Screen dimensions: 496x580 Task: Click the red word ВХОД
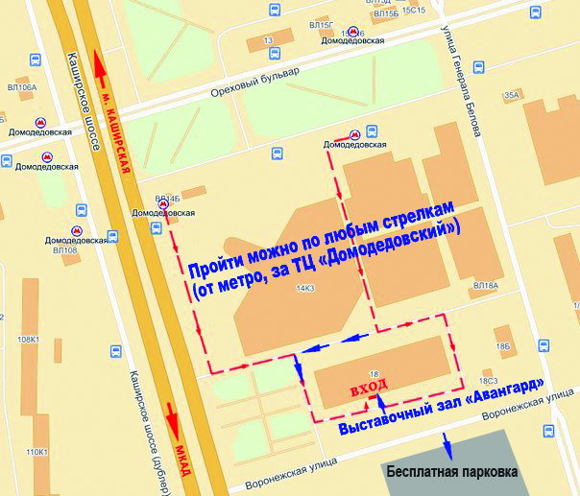pos(369,385)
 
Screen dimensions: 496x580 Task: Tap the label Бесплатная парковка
pos(451,472)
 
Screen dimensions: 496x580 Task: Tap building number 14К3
pos(306,288)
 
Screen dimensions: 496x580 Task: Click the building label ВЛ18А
pos(486,286)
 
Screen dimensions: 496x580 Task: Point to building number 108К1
pos(27,340)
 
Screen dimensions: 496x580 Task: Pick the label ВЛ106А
pos(21,87)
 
